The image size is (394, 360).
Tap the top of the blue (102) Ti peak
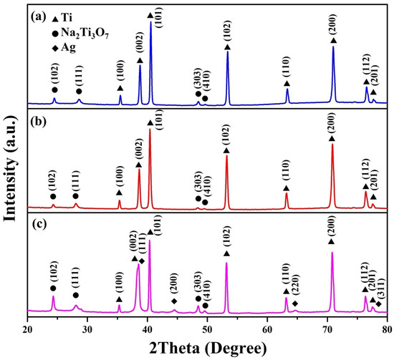pos(228,51)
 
